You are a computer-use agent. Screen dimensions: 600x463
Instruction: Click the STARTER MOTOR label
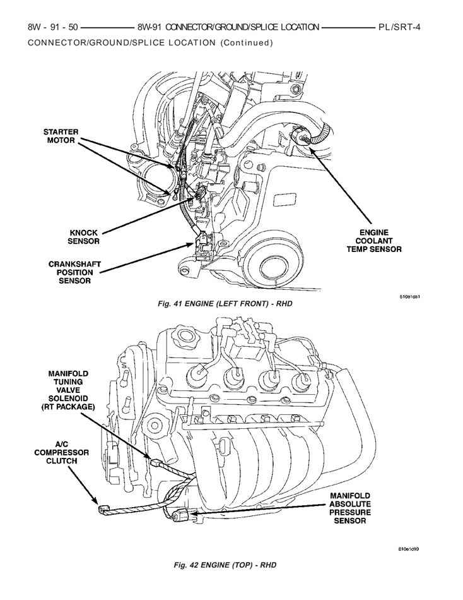[61, 136]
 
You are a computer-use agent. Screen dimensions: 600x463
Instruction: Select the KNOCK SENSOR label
[84, 236]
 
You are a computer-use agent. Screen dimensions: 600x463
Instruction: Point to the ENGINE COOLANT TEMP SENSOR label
[373, 241]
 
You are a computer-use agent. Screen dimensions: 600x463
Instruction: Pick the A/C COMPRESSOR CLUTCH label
[62, 452]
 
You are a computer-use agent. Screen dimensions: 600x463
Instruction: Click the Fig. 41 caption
[225, 304]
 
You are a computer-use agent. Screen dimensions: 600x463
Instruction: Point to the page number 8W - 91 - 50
[52, 28]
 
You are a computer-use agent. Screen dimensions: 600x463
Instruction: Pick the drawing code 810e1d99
[409, 549]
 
